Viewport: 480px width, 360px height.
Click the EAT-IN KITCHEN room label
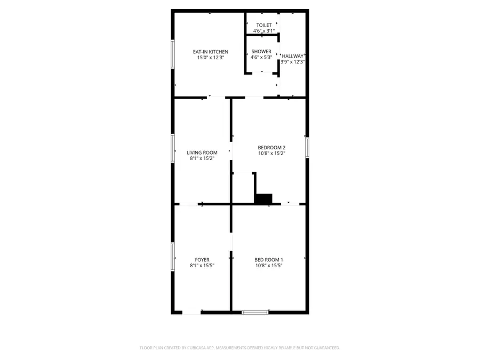coord(211,52)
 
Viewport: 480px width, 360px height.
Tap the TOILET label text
coord(264,25)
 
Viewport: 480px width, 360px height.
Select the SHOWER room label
coord(261,52)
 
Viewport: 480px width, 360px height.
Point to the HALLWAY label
coord(293,56)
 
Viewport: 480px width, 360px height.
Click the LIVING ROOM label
coord(202,153)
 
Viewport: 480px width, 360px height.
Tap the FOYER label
coord(202,260)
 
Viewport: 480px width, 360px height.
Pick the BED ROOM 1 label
coord(268,260)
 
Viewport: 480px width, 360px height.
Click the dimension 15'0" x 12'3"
coord(211,58)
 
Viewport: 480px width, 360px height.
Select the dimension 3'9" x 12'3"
coord(293,62)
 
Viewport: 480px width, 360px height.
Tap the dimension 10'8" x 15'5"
coord(268,266)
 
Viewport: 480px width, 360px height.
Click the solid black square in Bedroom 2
coord(263,198)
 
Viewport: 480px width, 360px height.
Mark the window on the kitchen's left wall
coord(172,54)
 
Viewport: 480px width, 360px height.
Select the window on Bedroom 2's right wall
coord(307,147)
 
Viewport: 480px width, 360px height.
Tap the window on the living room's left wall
coord(172,147)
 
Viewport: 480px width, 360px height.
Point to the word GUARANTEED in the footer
coord(325,348)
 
